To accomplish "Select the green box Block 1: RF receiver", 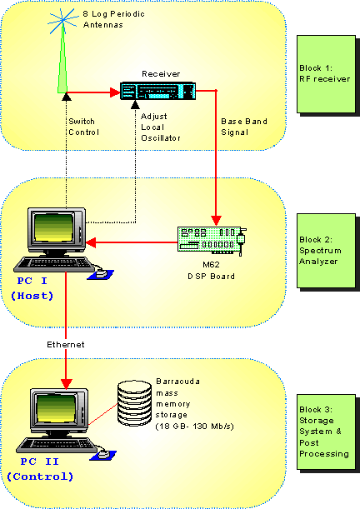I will click(x=326, y=75).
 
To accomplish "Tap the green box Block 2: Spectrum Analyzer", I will click(x=326, y=250).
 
